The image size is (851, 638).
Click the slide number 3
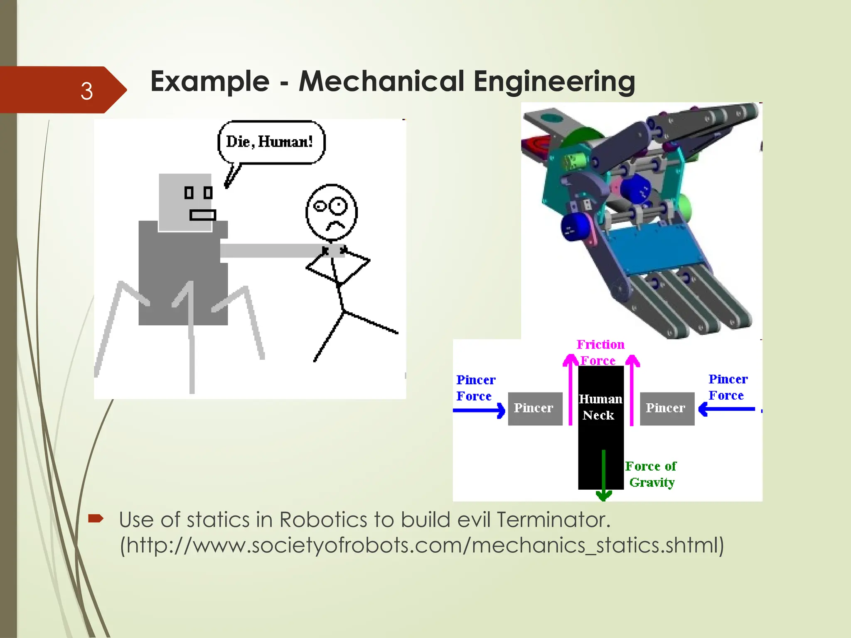(86, 91)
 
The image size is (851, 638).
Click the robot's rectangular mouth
(203, 215)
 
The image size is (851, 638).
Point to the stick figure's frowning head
(332, 212)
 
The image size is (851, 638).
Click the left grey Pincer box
(535, 408)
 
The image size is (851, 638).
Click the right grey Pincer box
(667, 408)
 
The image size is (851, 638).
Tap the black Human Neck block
(601, 428)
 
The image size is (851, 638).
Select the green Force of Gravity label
(651, 474)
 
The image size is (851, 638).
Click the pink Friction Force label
(600, 352)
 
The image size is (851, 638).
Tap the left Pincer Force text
(475, 388)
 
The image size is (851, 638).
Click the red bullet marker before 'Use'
(96, 518)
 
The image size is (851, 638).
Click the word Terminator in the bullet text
(553, 520)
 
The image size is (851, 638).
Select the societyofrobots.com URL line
(422, 545)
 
